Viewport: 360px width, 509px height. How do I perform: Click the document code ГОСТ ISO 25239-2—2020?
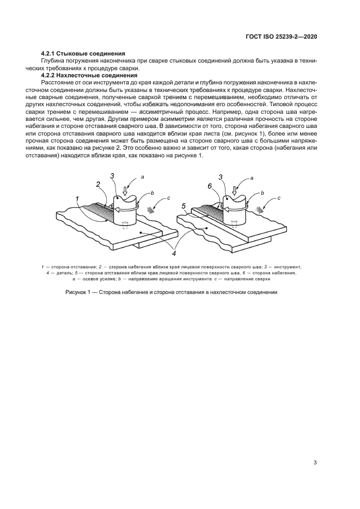tap(282, 36)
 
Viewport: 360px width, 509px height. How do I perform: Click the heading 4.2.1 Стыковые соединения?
tap(83, 54)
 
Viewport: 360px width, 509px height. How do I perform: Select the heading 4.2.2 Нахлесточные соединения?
tap(89, 75)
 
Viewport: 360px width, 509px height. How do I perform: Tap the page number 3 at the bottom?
tap(315, 463)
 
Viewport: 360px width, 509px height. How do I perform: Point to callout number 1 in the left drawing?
tap(78, 198)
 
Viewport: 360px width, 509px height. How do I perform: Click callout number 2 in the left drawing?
tap(99, 185)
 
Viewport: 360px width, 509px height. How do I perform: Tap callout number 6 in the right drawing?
tap(209, 186)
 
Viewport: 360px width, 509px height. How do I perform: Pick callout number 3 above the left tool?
tap(112, 176)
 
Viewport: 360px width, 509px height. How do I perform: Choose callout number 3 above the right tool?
tap(220, 177)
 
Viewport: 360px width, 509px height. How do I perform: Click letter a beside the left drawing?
tap(143, 177)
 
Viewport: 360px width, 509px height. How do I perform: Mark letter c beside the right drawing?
tap(279, 198)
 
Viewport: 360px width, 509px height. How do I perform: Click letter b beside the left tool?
tap(153, 193)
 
